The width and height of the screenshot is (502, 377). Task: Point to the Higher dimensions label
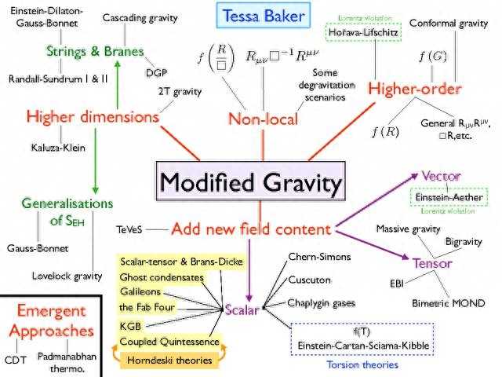pos(93,117)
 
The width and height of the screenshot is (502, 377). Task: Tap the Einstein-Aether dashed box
pos(451,197)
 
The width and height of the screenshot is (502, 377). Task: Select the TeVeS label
pos(131,229)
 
